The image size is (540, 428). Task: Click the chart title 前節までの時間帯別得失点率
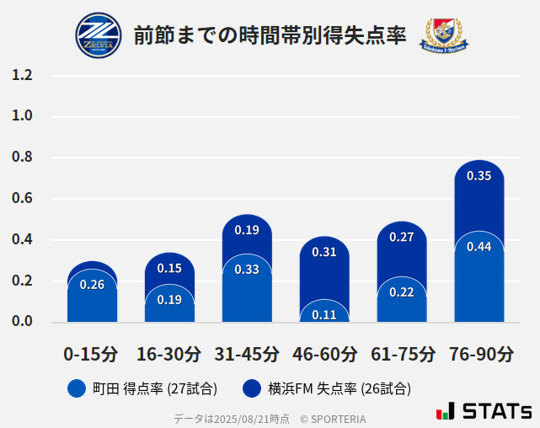click(270, 35)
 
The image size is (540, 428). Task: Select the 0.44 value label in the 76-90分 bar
click(479, 247)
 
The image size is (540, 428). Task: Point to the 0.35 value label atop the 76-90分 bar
click(479, 176)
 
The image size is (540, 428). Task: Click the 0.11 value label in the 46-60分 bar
click(324, 315)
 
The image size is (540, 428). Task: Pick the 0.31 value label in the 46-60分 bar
click(324, 252)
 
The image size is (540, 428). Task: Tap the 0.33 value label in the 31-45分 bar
click(247, 270)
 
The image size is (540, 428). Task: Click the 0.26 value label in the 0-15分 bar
click(92, 285)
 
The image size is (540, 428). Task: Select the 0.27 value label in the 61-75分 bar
click(402, 238)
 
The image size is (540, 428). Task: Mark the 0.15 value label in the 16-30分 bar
click(169, 269)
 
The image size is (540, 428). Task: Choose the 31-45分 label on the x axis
click(247, 354)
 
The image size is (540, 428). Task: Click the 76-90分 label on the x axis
click(480, 354)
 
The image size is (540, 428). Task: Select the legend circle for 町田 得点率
click(77, 388)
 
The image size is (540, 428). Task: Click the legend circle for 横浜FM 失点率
click(251, 388)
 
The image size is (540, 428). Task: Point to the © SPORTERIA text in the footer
click(333, 419)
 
